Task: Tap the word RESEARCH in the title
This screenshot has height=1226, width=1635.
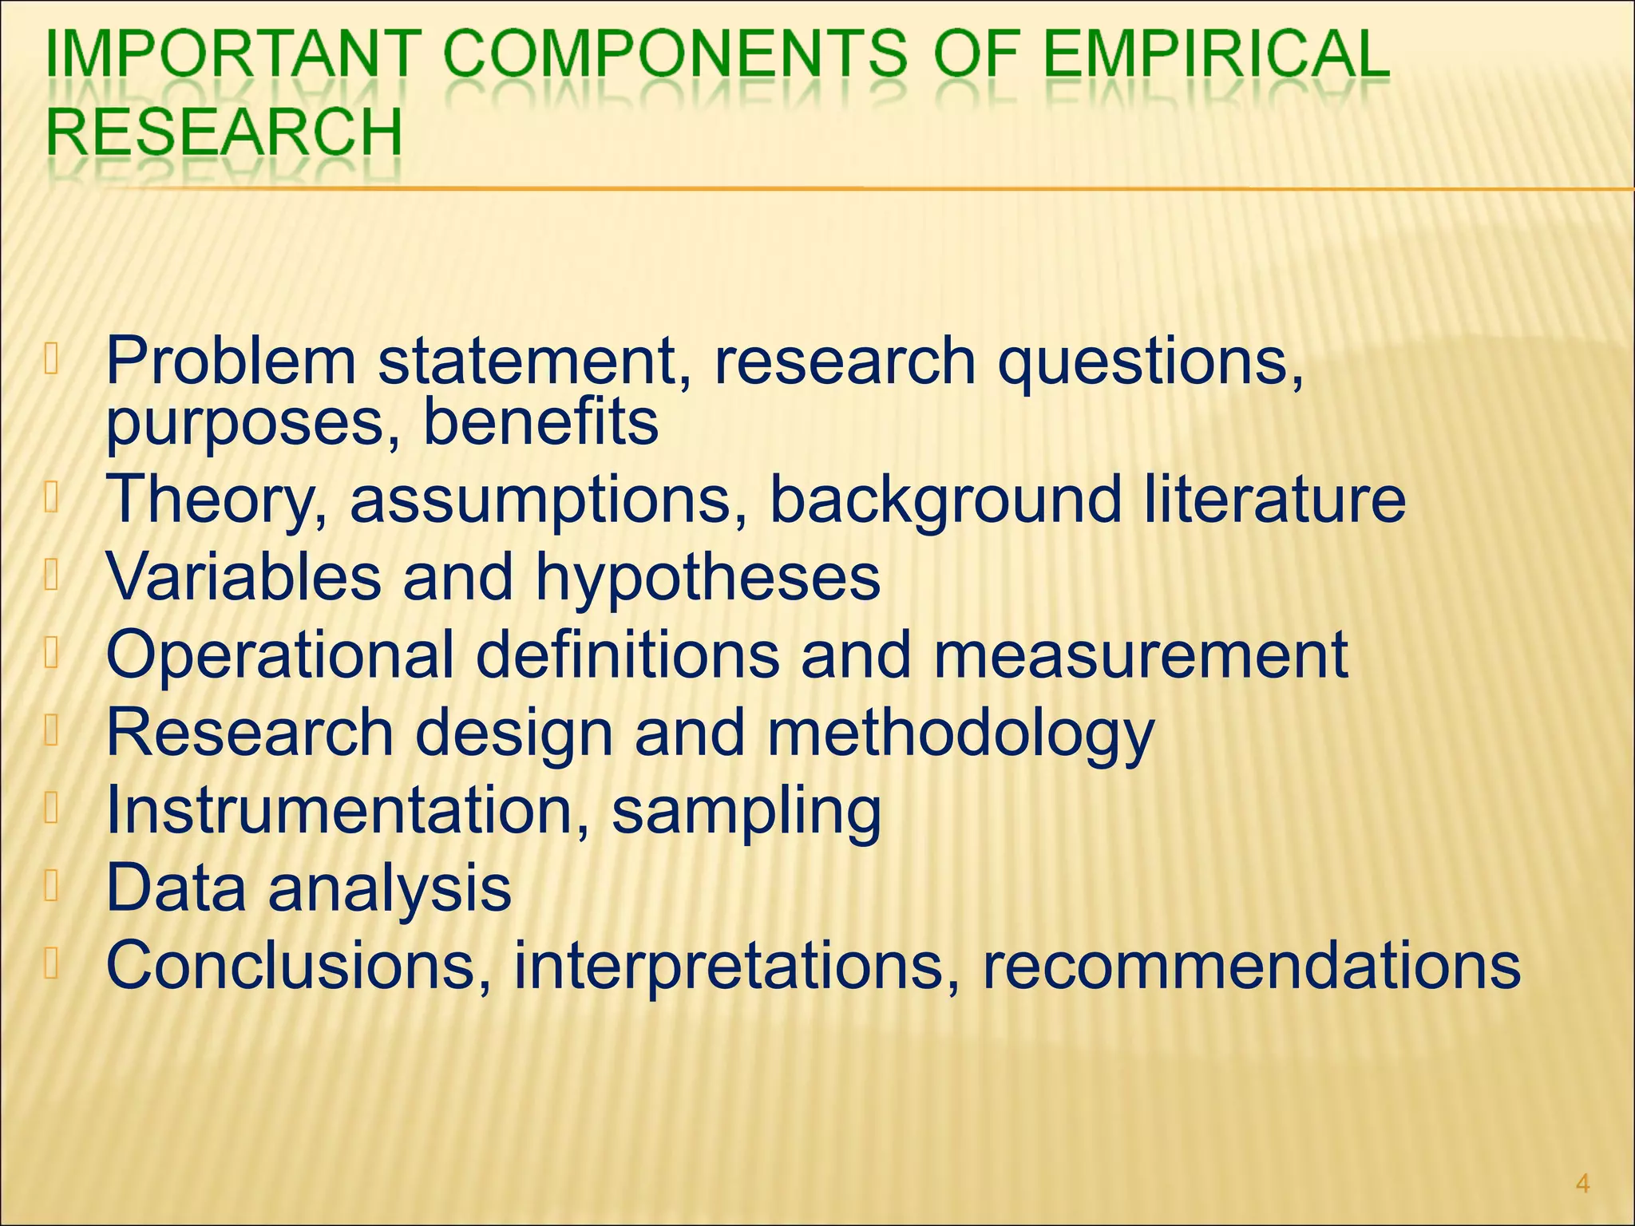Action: point(224,132)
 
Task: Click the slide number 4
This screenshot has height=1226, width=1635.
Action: point(1583,1183)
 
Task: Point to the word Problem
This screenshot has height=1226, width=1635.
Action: point(231,361)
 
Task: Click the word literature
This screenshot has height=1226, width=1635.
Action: point(1274,500)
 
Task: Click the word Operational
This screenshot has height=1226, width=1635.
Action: point(280,655)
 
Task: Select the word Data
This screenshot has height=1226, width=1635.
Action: point(176,887)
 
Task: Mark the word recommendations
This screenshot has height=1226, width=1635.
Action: point(1251,965)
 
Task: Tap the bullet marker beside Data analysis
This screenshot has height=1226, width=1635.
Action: point(52,888)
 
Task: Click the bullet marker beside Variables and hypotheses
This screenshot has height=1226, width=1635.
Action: point(52,576)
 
